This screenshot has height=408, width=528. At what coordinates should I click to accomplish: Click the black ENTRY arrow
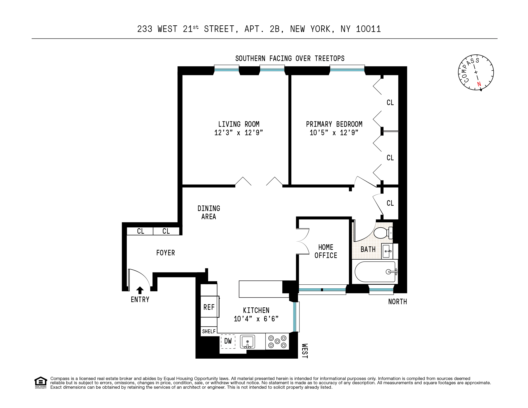pos(140,290)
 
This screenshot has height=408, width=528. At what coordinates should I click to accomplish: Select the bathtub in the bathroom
pos(375,272)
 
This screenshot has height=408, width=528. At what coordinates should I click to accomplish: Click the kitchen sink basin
pos(247,341)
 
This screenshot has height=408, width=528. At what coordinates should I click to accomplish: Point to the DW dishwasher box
pos(228,341)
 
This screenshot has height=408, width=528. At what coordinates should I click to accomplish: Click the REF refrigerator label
pos(209,307)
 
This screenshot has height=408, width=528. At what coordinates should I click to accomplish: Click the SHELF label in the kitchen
pos(209,331)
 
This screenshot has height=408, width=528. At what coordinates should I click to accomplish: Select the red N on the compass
pos(479,84)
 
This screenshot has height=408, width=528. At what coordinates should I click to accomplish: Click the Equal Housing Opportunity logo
pos(41,382)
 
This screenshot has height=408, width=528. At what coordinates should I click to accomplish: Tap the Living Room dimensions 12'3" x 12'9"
pos(239,133)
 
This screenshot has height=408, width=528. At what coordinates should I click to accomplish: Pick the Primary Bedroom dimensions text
pos(334,133)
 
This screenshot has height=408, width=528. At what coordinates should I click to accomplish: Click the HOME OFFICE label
pos(326,251)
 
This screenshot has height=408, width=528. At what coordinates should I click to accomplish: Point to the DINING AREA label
pos(209,212)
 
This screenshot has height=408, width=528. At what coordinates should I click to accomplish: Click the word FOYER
pos(165,253)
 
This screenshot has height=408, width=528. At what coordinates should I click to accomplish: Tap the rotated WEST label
pos(305,351)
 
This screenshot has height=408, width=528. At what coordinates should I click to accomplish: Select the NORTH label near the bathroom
pos(397,302)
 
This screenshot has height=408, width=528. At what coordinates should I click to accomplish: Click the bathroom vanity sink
pos(387,251)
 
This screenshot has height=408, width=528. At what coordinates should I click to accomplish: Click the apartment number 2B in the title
pos(275,29)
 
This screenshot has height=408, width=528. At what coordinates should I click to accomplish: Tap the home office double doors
pos(303,241)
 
